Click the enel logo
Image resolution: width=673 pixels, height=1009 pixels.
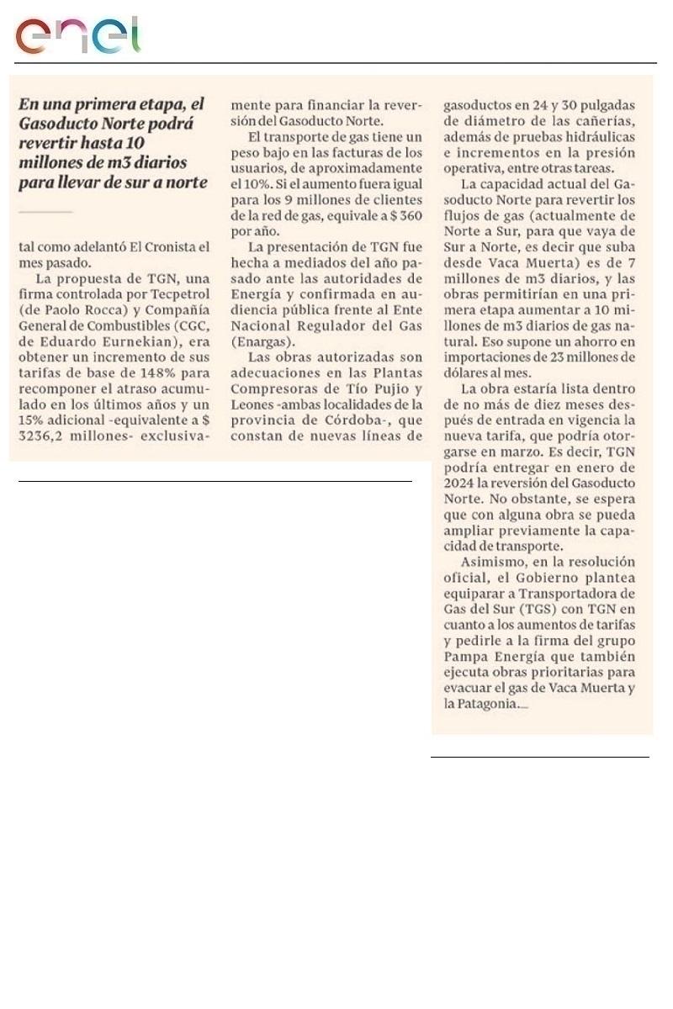click(x=77, y=35)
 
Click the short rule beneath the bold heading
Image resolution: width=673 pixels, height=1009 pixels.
click(x=45, y=212)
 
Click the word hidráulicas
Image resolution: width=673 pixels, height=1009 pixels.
click(x=591, y=139)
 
